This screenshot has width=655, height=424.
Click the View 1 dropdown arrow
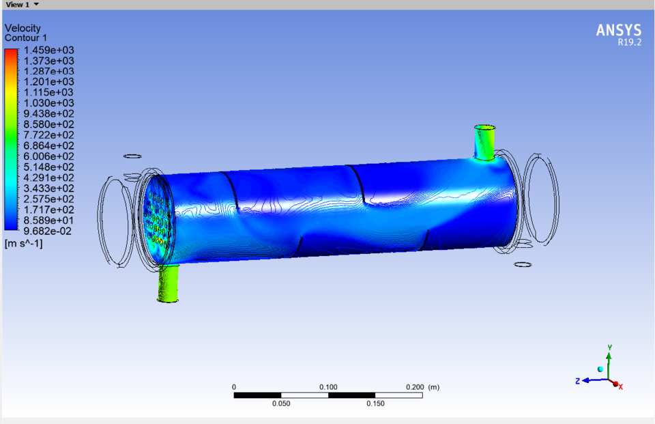[36, 4]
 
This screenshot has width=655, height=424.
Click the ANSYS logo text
[618, 30]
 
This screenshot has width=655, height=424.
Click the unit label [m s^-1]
[23, 243]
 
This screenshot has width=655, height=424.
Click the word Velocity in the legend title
[23, 28]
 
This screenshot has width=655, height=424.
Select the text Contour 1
[26, 38]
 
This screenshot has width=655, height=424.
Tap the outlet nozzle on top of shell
[485, 142]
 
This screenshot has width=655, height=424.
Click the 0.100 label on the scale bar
[328, 387]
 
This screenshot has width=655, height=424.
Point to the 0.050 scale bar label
[281, 404]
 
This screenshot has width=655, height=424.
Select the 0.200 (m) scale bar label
[424, 387]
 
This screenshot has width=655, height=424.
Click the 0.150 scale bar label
[375, 404]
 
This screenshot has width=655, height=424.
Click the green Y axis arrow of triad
[609, 354]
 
